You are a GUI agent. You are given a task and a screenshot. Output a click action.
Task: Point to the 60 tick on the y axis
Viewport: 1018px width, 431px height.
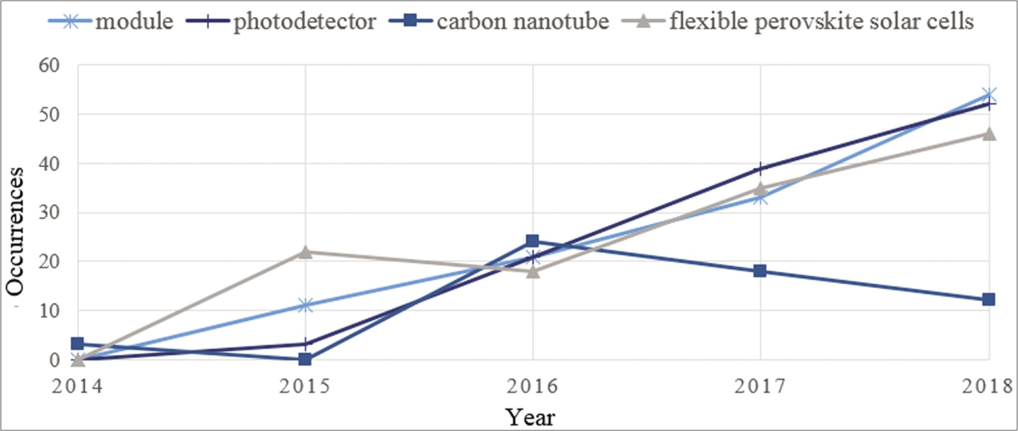49,65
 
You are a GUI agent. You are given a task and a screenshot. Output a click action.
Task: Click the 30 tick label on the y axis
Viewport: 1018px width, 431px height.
49,212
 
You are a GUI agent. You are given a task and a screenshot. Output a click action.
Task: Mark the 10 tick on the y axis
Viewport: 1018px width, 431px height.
49,311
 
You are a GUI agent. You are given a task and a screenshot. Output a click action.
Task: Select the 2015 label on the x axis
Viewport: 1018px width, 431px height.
305,386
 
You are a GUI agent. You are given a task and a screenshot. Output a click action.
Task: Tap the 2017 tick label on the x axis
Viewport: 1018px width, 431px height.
760,386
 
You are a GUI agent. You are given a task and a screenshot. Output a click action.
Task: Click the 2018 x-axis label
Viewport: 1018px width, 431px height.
987,386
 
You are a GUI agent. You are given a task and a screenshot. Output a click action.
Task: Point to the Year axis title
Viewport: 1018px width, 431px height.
530,417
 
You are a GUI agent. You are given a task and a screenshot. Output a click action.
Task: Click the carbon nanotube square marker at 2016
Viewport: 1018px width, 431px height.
532,241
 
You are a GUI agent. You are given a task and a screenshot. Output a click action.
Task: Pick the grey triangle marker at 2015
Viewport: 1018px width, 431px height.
305,252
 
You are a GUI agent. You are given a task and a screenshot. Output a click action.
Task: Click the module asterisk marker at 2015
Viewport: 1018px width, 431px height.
305,305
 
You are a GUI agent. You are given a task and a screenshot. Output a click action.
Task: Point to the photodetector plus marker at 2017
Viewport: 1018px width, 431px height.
760,169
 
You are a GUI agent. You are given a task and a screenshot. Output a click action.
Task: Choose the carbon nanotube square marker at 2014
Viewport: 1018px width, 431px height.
78,344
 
